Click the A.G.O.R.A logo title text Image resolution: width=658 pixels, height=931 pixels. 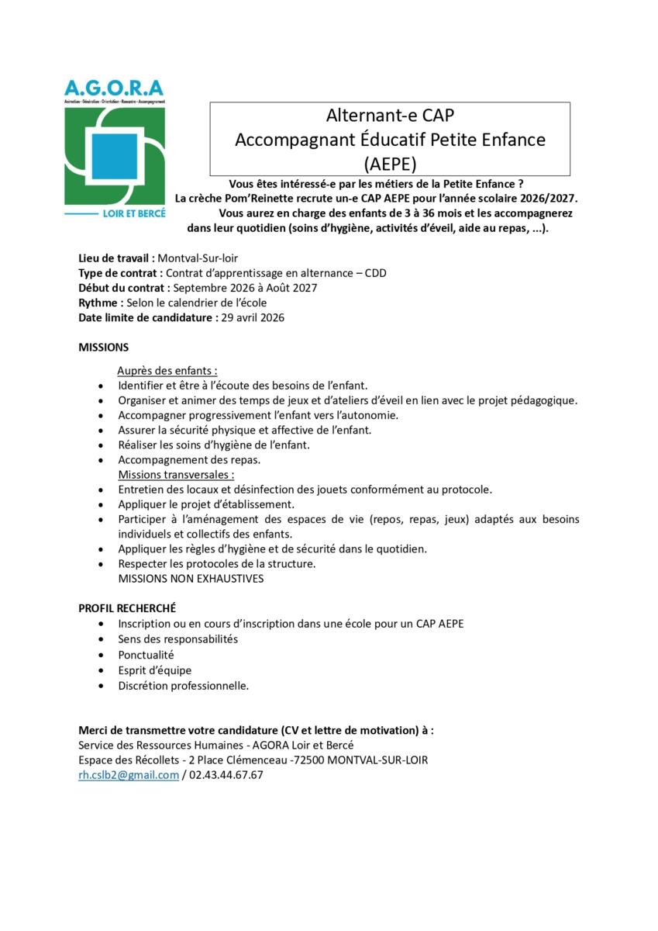(x=115, y=88)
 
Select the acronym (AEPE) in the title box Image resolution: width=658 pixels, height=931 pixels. (x=391, y=163)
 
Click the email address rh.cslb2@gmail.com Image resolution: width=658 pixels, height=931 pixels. (x=129, y=774)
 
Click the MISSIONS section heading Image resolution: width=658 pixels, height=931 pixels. (x=104, y=347)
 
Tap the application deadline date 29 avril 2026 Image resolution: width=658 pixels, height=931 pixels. (x=253, y=317)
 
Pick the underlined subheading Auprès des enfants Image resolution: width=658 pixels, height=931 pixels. (x=167, y=370)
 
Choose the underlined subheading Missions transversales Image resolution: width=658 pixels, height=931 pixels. (x=176, y=474)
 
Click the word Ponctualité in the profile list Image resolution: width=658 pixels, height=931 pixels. (x=146, y=655)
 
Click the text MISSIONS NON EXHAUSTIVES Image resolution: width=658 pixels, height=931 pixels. (x=191, y=578)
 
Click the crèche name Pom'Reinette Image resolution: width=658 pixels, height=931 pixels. (x=256, y=198)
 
